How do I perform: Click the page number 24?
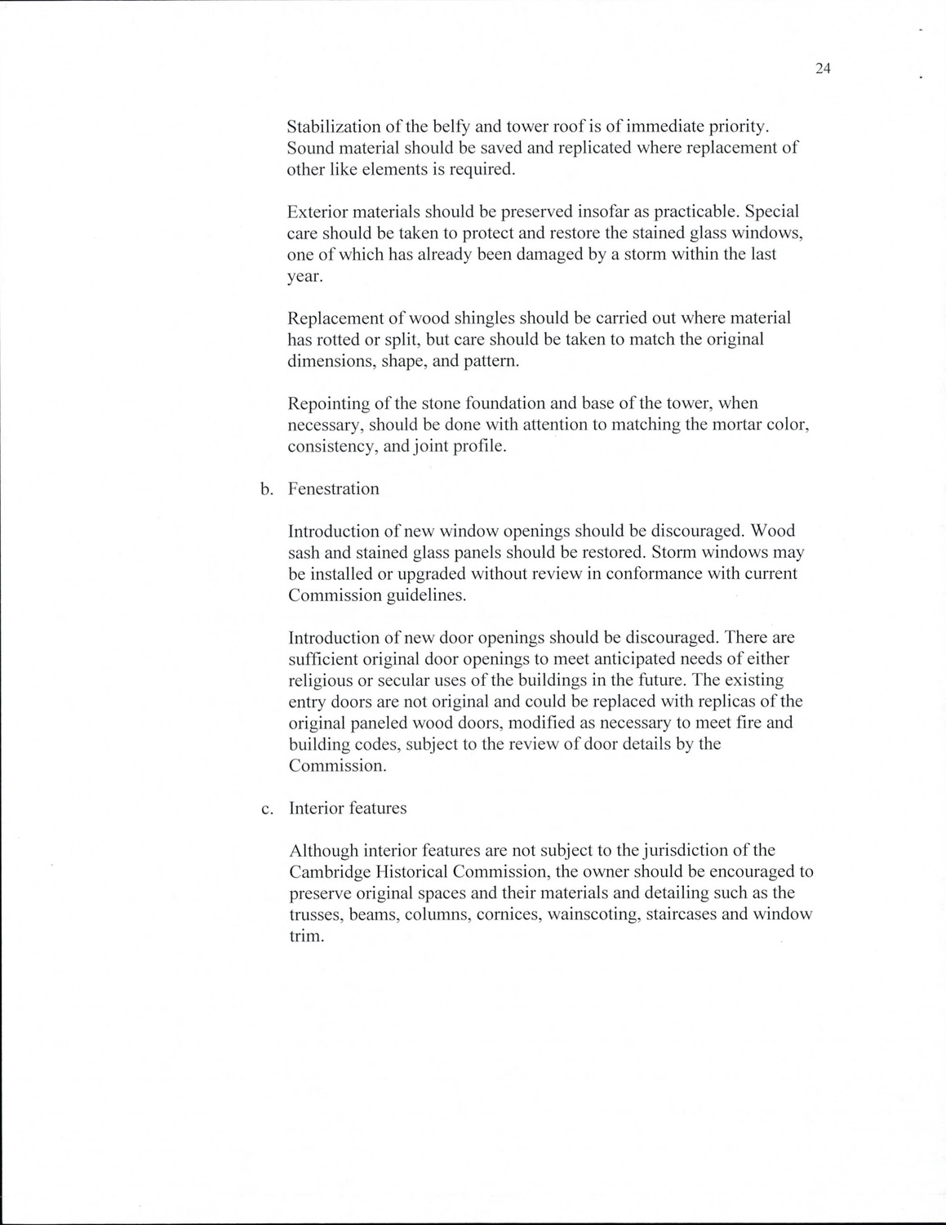(822, 69)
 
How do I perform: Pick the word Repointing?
(330, 403)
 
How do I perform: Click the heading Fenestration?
(334, 488)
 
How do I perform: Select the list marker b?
(266, 489)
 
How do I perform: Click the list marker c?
(266, 808)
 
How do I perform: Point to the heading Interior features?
(348, 808)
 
